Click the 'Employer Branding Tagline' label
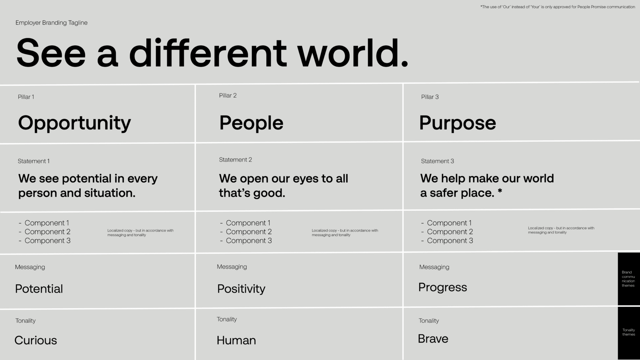(51, 22)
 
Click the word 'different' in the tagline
(208, 53)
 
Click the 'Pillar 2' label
(228, 95)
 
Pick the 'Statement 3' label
(437, 161)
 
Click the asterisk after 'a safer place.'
(500, 191)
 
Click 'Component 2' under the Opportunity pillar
(47, 232)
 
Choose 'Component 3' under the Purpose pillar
(450, 241)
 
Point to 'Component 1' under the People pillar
(248, 223)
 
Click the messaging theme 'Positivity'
(241, 289)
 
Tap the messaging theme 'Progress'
(443, 288)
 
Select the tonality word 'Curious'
(36, 340)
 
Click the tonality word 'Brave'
(433, 339)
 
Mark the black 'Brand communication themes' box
(629, 279)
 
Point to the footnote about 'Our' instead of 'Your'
(558, 7)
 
